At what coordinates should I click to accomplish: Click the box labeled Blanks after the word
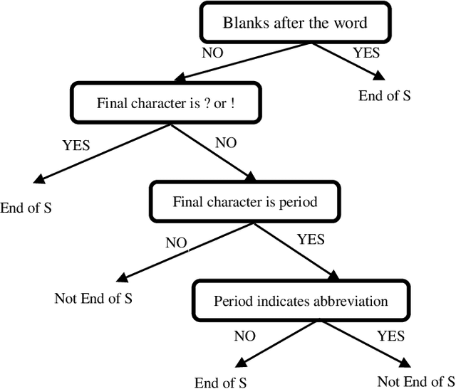tap(295, 23)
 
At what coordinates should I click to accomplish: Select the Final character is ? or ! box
tap(166, 102)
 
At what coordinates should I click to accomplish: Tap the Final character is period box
tap(244, 202)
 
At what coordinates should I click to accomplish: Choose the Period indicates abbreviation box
tap(301, 301)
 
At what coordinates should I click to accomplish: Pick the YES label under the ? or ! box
tap(76, 145)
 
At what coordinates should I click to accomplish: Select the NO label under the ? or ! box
tap(225, 142)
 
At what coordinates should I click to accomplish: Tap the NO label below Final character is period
tap(176, 243)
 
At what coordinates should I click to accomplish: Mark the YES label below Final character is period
tap(310, 240)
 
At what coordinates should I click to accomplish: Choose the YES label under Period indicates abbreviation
tap(390, 336)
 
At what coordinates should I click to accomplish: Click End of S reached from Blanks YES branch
tap(385, 95)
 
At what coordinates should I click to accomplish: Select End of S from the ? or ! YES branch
tap(26, 208)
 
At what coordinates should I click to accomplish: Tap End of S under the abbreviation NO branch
tap(221, 380)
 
